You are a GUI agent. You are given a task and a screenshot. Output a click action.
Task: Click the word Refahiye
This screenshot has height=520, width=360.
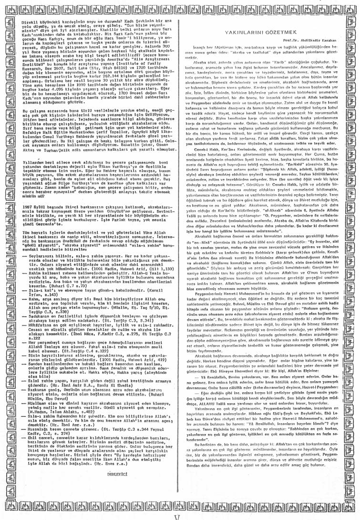coord(31,138)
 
